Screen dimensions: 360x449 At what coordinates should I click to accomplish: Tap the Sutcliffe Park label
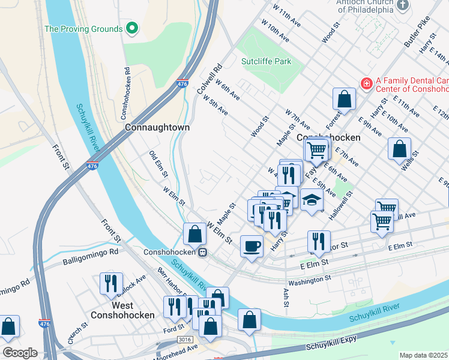[266, 61]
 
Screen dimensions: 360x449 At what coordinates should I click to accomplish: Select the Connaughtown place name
[157, 128]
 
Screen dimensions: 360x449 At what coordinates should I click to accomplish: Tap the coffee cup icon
[252, 245]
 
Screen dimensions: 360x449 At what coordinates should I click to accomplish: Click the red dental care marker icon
[365, 82]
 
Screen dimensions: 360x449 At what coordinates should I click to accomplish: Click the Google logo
[20, 353]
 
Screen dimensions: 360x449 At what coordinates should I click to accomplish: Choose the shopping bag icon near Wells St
[399, 148]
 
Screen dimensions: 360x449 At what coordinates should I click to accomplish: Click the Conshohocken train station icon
[203, 252]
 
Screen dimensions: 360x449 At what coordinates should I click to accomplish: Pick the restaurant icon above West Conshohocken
[111, 283]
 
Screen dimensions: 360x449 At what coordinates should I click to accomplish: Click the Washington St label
[310, 280]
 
